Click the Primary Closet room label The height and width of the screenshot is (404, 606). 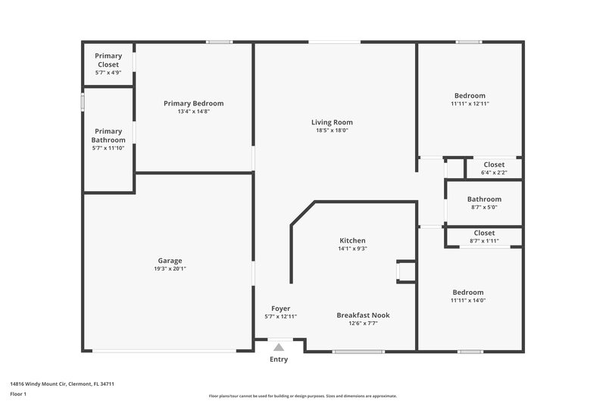108,60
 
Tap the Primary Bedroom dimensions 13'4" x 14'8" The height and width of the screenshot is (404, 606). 193,111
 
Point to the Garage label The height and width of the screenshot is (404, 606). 170,261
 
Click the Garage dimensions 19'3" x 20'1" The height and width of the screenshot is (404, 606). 170,268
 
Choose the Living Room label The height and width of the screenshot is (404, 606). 332,122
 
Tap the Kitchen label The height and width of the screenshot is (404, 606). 352,240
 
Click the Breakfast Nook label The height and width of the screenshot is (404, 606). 364,315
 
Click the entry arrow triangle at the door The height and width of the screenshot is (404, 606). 279,347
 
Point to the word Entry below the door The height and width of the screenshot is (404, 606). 279,359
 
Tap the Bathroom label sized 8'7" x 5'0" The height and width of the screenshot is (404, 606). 483,199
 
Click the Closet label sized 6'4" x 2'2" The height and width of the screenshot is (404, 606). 494,164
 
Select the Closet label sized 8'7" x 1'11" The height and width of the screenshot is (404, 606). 483,233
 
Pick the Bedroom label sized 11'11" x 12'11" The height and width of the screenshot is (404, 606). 470,96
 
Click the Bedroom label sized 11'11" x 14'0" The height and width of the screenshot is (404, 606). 467,293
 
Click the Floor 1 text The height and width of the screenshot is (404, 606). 18,395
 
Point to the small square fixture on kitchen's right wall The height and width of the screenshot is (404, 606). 406,271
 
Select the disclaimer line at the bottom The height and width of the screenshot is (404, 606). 302,396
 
